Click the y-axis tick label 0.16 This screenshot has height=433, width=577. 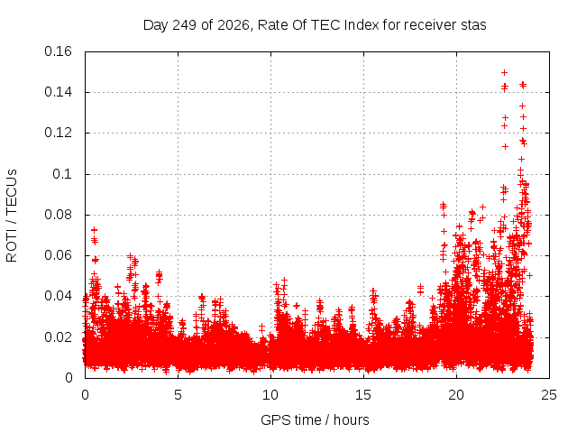click(x=58, y=51)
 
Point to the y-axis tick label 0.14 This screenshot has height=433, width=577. click(x=58, y=92)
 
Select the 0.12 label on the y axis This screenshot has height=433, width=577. click(x=58, y=133)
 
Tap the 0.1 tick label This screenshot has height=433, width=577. click(x=62, y=174)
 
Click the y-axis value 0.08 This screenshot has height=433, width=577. click(x=58, y=215)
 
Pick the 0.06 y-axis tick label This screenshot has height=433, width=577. click(x=58, y=255)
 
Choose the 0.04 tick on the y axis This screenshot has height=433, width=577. click(x=58, y=296)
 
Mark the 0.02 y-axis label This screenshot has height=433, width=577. click(x=58, y=337)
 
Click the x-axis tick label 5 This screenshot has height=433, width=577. click(x=179, y=395)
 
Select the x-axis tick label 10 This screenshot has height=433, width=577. click(x=270, y=395)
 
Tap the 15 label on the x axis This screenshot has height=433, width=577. click(x=363, y=395)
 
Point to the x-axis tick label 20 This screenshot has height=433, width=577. click(x=456, y=395)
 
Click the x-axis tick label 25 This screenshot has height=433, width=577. click(x=549, y=395)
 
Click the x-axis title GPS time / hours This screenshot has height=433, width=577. click(x=315, y=420)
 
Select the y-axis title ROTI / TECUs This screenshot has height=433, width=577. click(x=12, y=216)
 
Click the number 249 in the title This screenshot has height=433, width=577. click(x=185, y=25)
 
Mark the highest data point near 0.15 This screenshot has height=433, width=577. click(x=505, y=72)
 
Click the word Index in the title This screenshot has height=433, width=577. click(x=362, y=25)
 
